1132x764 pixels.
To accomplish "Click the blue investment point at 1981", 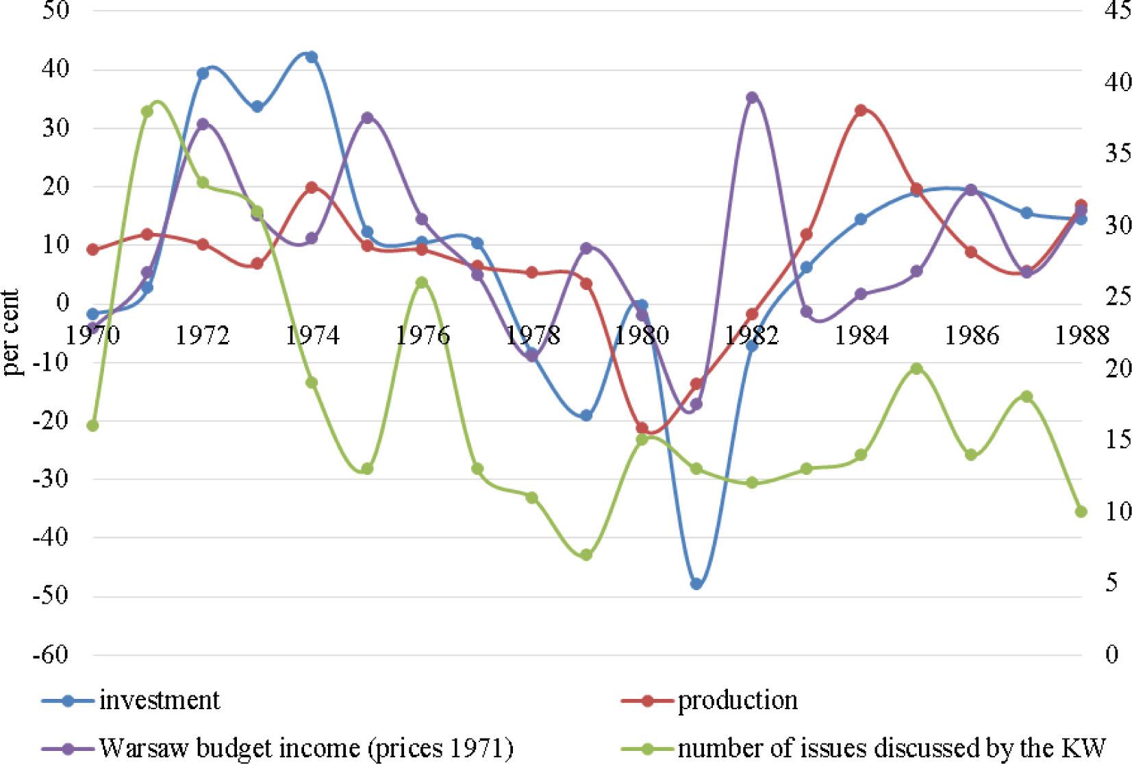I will (x=696, y=584).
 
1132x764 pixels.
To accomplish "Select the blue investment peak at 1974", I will (x=312, y=57).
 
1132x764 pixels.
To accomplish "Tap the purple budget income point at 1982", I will (x=752, y=97).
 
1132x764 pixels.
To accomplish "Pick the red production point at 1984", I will (x=861, y=110).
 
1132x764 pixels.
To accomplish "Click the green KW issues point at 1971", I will (x=147, y=112).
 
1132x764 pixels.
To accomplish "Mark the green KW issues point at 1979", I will (x=586, y=555).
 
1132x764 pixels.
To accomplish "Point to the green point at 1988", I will (x=1081, y=512).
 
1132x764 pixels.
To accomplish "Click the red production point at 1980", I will (x=642, y=428).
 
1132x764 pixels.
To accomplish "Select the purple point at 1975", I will (x=367, y=118).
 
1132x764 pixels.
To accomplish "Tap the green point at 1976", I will (x=422, y=282).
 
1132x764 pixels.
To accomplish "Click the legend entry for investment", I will (x=159, y=700).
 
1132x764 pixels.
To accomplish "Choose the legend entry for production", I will (x=738, y=700).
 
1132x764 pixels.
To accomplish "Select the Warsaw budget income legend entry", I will (x=305, y=748).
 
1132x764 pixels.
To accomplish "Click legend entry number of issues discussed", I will (x=891, y=748).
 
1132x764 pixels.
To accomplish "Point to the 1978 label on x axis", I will (x=532, y=335).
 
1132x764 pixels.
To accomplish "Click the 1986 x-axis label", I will (x=971, y=335).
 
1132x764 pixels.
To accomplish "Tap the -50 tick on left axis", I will (x=50, y=595).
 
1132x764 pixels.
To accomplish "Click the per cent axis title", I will (x=11, y=332).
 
